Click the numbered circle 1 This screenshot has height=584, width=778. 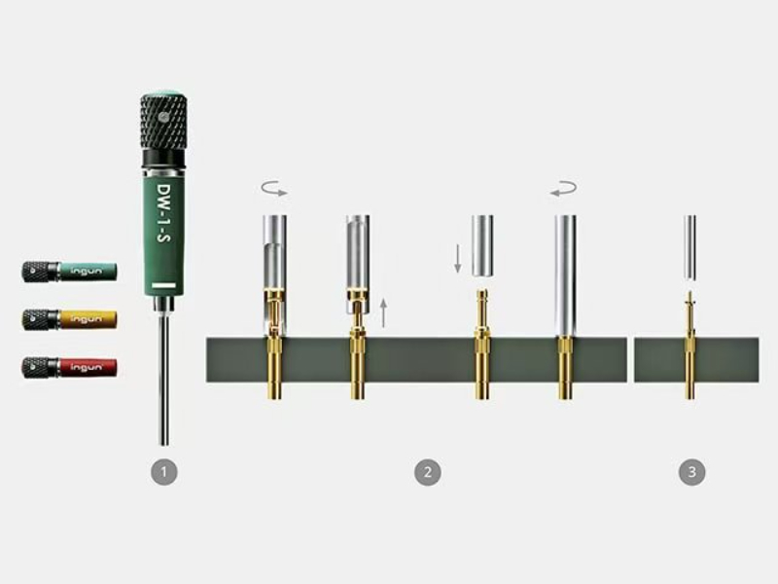(164, 472)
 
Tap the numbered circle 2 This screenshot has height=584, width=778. (428, 472)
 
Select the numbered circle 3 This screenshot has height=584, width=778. (691, 472)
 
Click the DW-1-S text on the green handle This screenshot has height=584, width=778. (163, 214)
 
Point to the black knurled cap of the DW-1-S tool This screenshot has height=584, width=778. (163, 122)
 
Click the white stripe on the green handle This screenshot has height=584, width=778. (164, 285)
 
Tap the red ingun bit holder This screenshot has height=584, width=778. (69, 367)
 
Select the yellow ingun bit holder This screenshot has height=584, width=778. (69, 319)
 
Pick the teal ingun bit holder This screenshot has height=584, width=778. (69, 272)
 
